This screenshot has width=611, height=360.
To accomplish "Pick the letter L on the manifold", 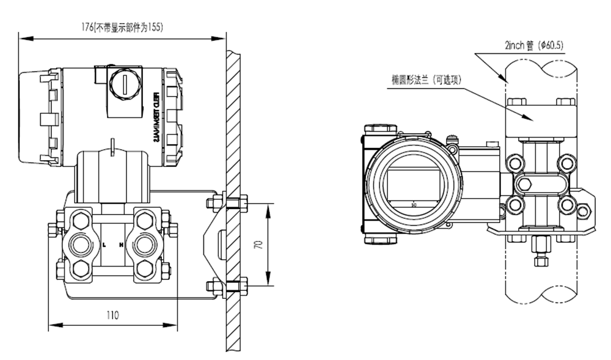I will [x=104, y=244].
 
